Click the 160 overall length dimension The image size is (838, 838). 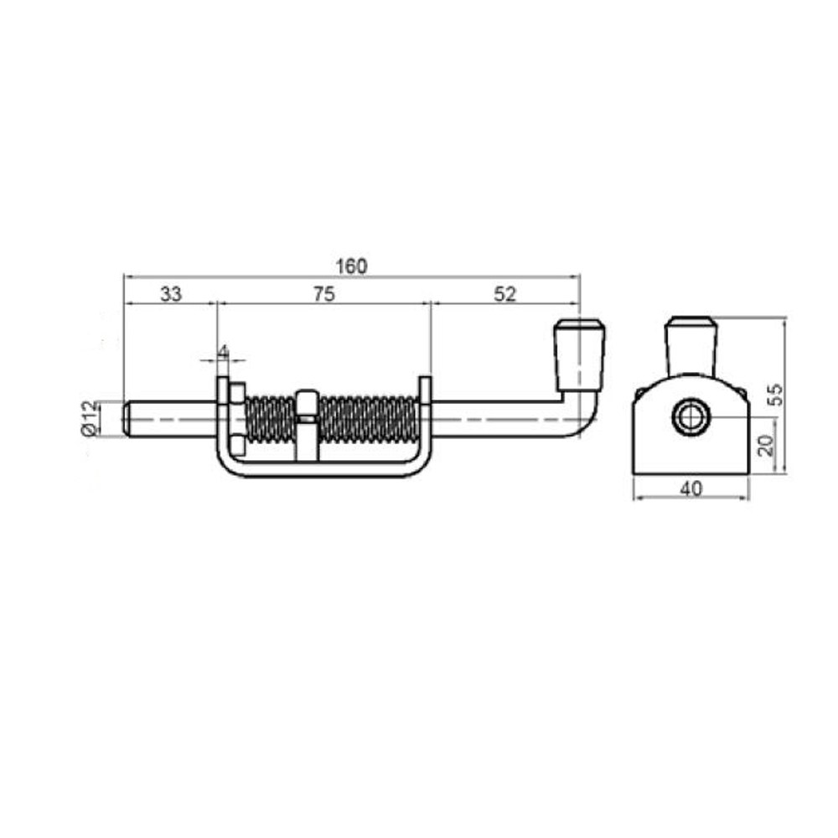coord(352,266)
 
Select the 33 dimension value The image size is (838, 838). coord(171,293)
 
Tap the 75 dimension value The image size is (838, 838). coord(323,293)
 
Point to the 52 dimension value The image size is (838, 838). coord(505,293)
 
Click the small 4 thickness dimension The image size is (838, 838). coord(224,351)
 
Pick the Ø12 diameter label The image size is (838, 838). coord(90,418)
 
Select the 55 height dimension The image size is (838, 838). coord(775,395)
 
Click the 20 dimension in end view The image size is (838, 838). coord(767,445)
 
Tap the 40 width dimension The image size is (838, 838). coord(691,488)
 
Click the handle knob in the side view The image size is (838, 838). coord(579,355)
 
